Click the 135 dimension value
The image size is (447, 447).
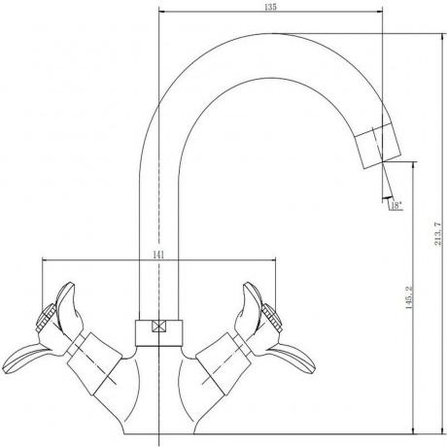tap(270, 7)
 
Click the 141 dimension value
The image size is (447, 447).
tap(158, 255)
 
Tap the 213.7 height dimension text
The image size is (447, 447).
tap(437, 233)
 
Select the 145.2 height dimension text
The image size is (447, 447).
tap(409, 297)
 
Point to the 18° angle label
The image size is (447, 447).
tap(396, 205)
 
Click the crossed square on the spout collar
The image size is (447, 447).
tap(158, 327)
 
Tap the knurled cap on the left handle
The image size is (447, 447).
tap(46, 318)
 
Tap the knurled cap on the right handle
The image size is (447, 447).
tap(272, 318)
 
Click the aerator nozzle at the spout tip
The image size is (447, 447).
tap(378, 146)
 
